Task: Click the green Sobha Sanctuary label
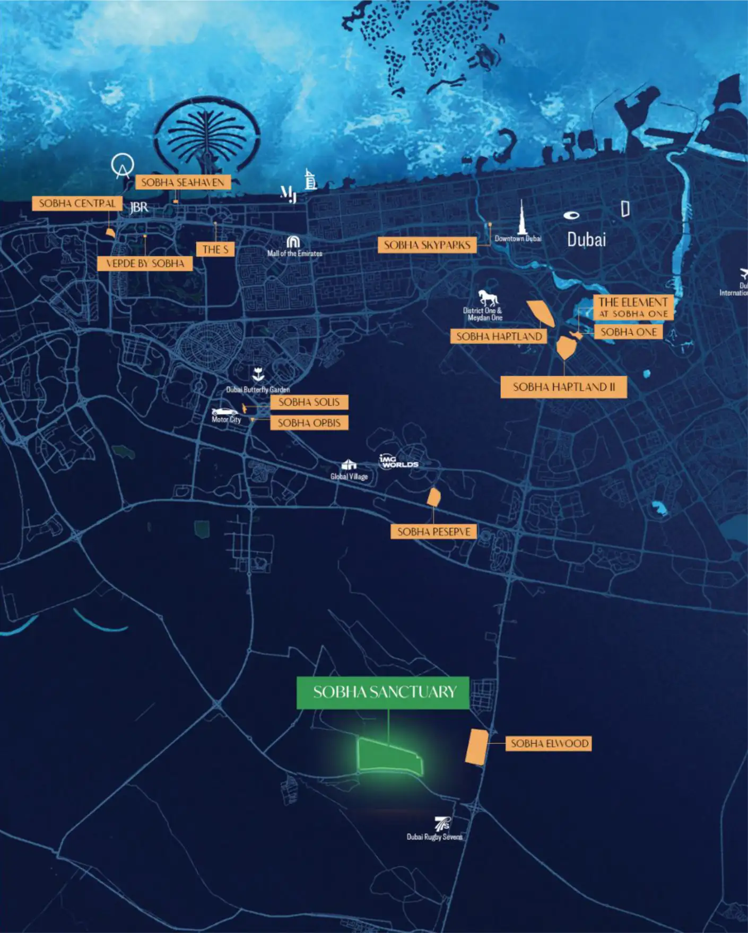click(x=382, y=692)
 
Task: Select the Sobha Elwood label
click(x=549, y=743)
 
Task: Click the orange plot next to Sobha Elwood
click(x=476, y=747)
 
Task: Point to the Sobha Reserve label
click(x=433, y=531)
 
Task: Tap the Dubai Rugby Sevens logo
click(x=442, y=824)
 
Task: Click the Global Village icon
click(x=349, y=465)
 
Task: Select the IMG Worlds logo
click(x=398, y=461)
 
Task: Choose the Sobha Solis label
click(x=309, y=402)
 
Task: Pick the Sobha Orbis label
click(x=309, y=423)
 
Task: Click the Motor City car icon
click(x=225, y=411)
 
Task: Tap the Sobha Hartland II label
click(x=563, y=387)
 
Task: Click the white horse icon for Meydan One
click(x=488, y=297)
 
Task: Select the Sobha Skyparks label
click(x=427, y=245)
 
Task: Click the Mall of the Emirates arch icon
click(x=293, y=242)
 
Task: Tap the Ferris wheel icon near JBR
click(x=123, y=165)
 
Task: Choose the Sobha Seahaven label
click(x=182, y=182)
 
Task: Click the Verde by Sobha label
click(x=145, y=263)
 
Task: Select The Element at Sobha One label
click(x=633, y=307)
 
